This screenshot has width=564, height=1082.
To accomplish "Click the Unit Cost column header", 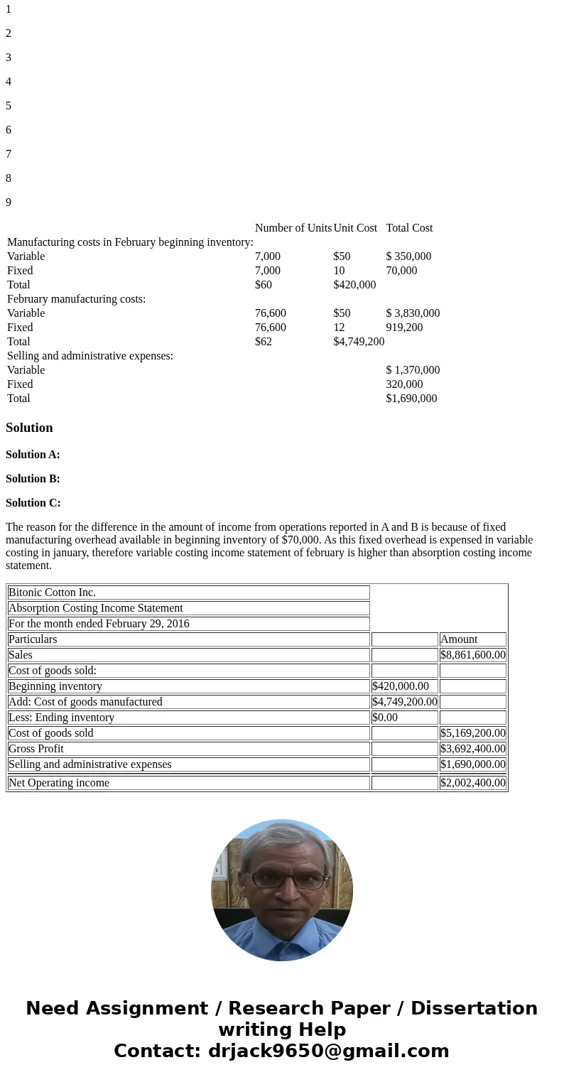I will coord(355,228).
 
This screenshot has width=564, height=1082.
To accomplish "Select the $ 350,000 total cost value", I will coord(408,256).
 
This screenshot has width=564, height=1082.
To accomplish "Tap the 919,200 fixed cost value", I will coord(404,328).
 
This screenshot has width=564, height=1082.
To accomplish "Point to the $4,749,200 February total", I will coord(359,342).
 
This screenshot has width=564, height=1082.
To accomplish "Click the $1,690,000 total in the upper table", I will coord(411,399).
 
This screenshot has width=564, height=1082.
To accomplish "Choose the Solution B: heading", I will coord(33,479).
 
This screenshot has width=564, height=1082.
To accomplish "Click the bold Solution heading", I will coord(29,428).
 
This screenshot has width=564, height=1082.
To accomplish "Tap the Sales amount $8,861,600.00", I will coord(472,655).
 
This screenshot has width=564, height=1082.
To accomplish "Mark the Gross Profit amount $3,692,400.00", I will coord(472,749).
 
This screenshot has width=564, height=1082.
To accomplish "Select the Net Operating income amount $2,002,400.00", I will coord(472,783).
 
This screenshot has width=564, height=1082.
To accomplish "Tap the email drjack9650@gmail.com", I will coord(329,1051).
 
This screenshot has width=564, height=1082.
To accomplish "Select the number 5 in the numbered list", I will coord(9,106).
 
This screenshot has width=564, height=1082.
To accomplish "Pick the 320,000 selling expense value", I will coord(404,384).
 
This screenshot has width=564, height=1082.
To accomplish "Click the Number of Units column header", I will coord(293,228).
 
